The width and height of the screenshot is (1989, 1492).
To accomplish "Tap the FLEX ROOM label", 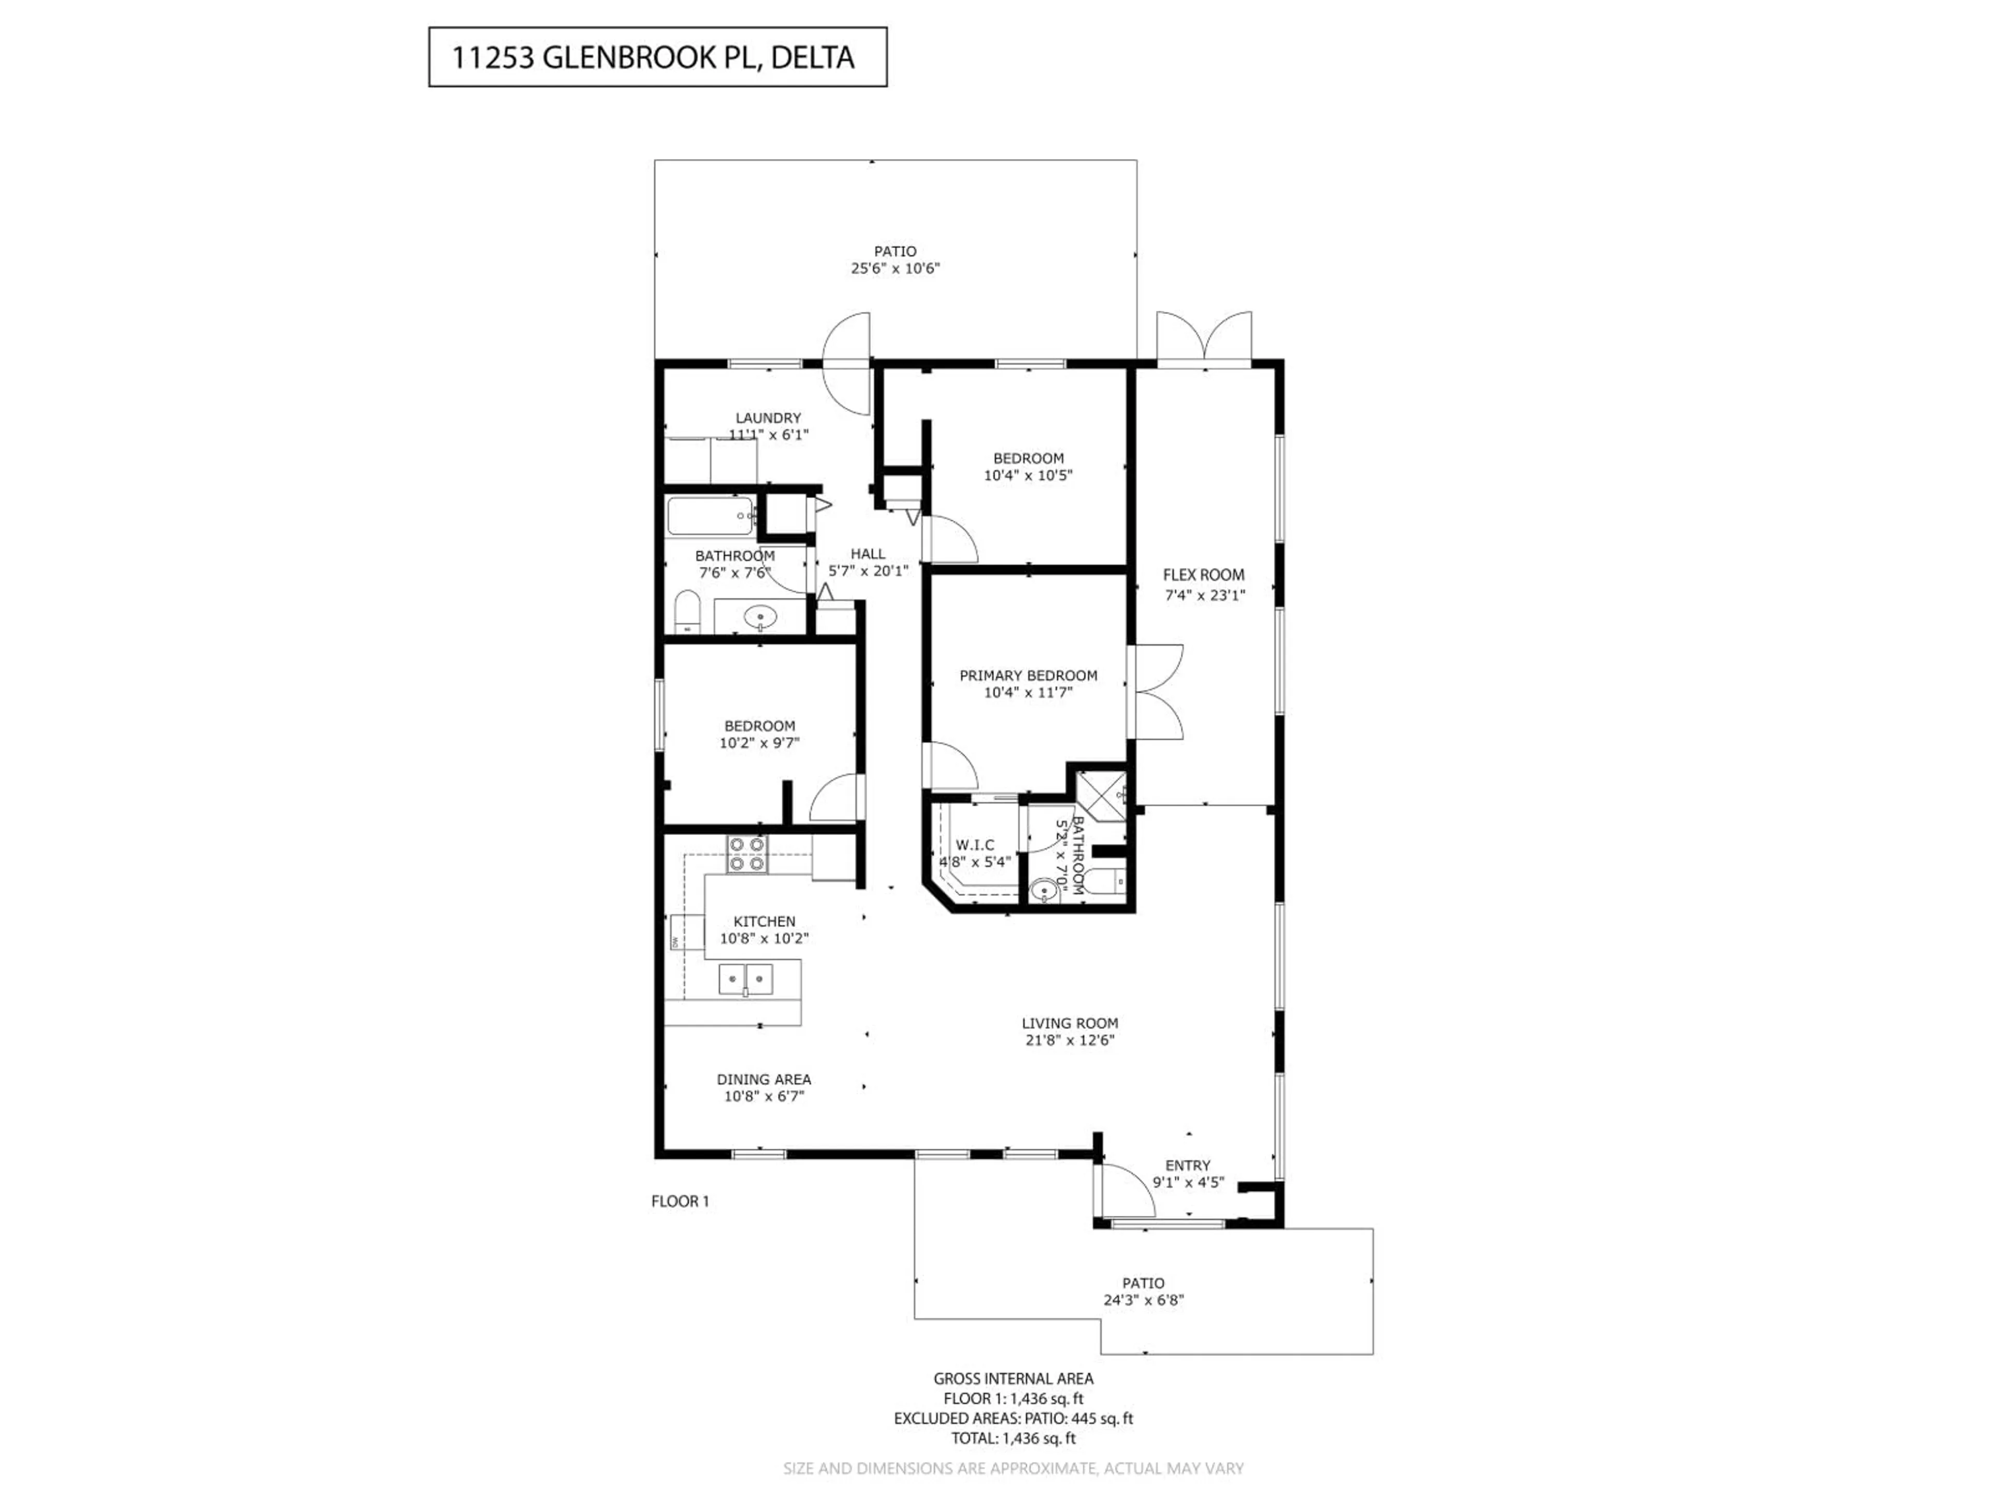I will coord(1203,575).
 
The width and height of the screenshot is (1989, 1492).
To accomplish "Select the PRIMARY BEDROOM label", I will coord(1028,676).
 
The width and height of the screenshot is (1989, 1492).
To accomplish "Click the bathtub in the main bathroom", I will coord(710,516).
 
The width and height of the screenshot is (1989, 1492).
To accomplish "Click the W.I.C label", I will coord(975,844).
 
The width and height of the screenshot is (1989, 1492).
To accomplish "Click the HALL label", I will coord(868,554).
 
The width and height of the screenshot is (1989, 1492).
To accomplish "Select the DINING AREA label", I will coord(763,1079).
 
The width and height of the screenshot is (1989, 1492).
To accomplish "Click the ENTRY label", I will coord(1188,1165).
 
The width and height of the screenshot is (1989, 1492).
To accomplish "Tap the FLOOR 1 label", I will coord(680,1201).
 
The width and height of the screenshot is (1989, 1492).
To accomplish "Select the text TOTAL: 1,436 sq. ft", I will coord(1013,1438).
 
